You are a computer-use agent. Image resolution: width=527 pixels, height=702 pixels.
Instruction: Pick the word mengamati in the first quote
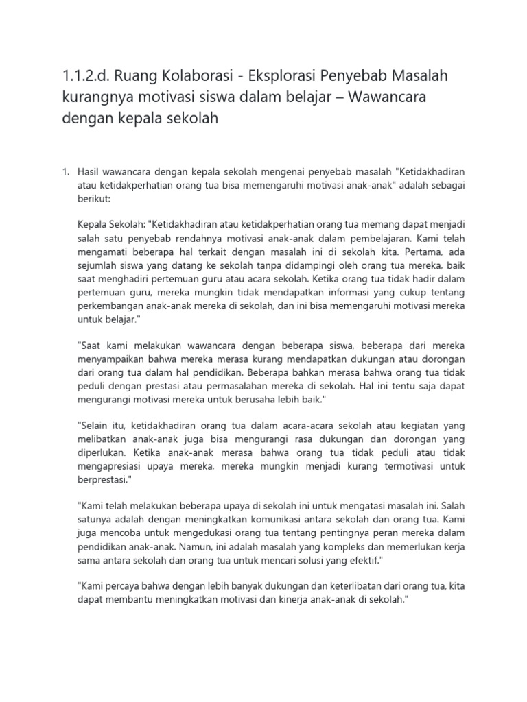click(102, 253)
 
